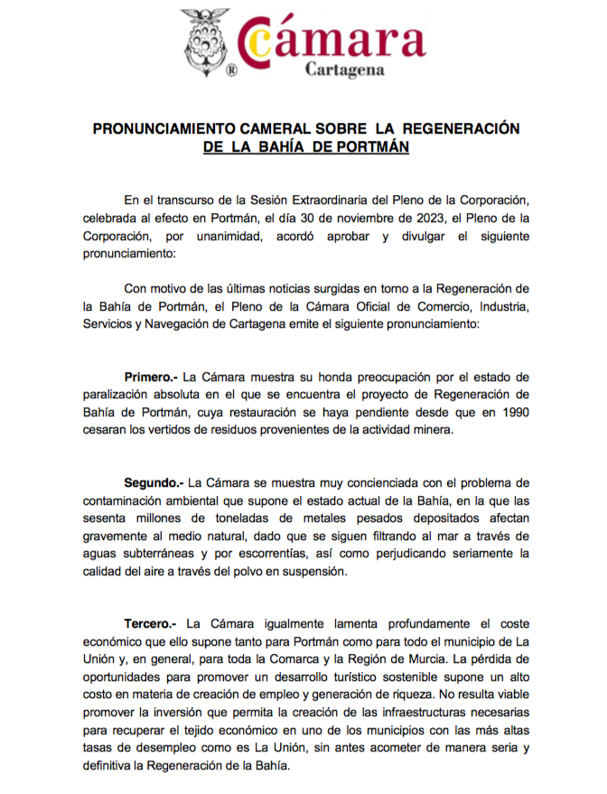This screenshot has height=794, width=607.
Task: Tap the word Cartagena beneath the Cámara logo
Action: point(345,69)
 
